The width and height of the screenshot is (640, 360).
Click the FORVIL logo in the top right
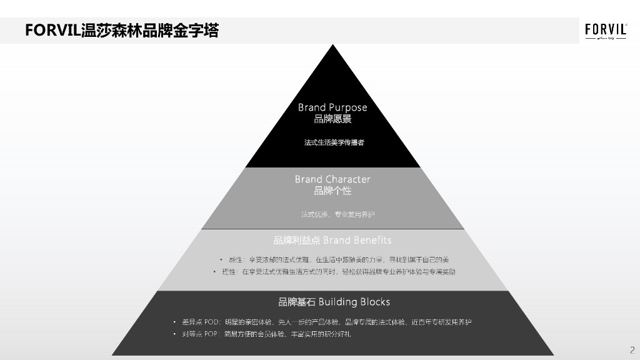tap(606, 31)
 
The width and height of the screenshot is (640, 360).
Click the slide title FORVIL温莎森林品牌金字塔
tap(122, 31)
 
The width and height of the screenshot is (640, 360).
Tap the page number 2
tap(632, 349)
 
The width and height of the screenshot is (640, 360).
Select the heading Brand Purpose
tap(332, 107)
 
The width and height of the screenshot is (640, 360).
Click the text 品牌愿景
tap(332, 119)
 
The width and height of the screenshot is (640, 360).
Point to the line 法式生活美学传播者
tap(334, 142)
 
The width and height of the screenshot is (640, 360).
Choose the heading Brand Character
tap(332, 179)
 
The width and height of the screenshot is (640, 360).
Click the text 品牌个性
tap(332, 191)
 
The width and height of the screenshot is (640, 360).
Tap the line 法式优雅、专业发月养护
tap(337, 214)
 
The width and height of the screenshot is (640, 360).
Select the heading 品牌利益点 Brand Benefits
tap(332, 240)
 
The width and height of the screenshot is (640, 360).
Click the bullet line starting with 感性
tap(337, 259)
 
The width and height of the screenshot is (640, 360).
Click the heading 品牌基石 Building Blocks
tap(334, 302)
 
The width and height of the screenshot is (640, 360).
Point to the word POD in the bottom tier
tap(212, 322)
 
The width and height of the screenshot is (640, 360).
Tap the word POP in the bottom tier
tap(212, 334)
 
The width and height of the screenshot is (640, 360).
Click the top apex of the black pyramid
tap(333, 46)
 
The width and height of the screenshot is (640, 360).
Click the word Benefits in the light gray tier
tap(372, 240)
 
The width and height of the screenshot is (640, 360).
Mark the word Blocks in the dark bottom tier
tap(374, 302)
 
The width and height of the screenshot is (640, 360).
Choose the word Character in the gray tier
tap(347, 179)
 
